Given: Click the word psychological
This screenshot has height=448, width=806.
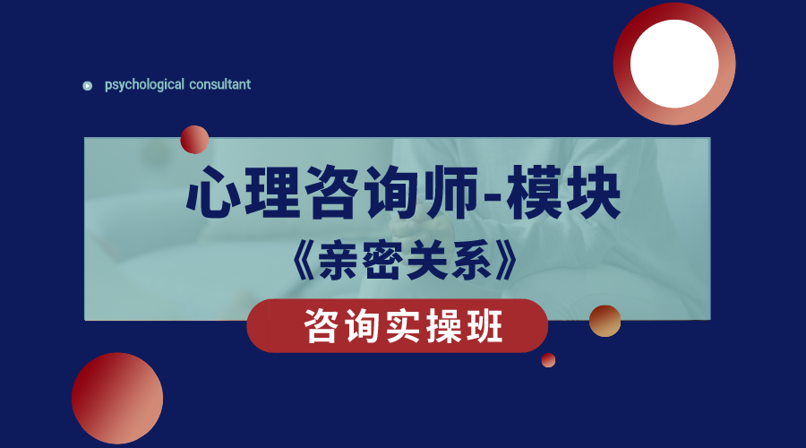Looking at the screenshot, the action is pos(144,85).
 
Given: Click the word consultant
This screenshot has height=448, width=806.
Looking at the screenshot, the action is pos(220,84).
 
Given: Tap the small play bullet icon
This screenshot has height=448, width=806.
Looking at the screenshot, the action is pos(88,86).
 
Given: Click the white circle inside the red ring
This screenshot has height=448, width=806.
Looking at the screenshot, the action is pos(674,64).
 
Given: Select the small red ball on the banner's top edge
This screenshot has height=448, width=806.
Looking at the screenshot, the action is pos(194,140).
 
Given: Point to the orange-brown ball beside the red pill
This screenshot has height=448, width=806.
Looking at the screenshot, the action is pos(605,321).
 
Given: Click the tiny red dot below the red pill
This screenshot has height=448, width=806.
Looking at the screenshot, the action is pos(548,360).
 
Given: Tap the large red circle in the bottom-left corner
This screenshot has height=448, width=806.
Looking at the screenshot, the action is pos(117,398).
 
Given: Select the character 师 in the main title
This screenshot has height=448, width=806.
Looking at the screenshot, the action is pos(450,193).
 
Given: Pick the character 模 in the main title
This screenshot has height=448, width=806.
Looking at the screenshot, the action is pos(534,193).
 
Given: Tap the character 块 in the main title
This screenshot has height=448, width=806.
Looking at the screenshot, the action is pos(593,193).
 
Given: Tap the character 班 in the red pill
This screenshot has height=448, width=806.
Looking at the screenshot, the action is pos(484,326).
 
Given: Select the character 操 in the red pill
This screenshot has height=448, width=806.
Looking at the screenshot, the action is pos(443,326).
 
